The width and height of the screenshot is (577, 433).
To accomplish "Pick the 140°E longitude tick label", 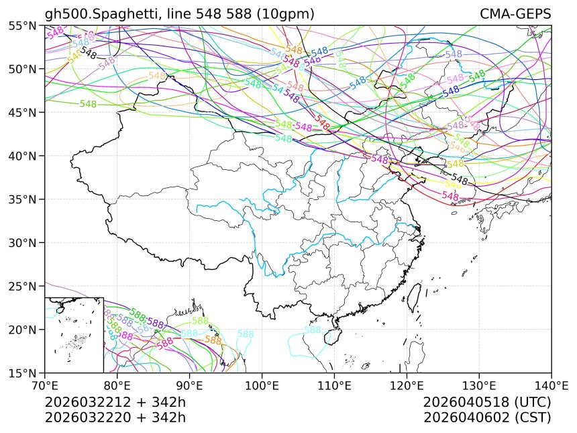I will [x=551, y=386].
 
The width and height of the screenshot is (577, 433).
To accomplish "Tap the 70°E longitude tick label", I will [x=45, y=386].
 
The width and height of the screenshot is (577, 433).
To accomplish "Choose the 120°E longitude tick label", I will [x=407, y=386].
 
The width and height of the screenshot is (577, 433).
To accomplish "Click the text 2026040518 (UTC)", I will [x=487, y=403].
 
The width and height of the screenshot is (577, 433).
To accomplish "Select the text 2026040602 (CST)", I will [x=487, y=418].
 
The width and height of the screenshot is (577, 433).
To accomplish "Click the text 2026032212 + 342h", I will [x=115, y=403].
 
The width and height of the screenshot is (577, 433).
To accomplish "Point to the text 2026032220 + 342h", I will [x=115, y=418].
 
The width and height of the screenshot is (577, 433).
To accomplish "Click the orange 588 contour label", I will [x=213, y=340].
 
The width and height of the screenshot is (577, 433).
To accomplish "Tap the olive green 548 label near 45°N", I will [x=89, y=104].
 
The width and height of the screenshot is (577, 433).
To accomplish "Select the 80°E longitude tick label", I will [x=117, y=386].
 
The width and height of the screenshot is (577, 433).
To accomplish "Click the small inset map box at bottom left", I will [x=74, y=334].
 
